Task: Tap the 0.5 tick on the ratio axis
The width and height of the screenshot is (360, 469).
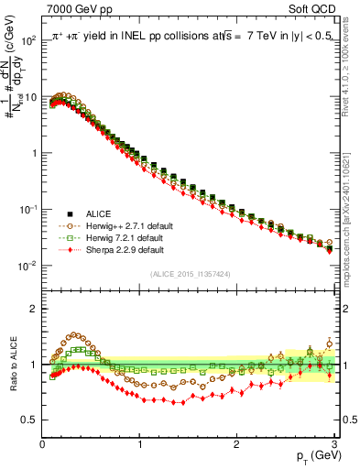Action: coord(30,420)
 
